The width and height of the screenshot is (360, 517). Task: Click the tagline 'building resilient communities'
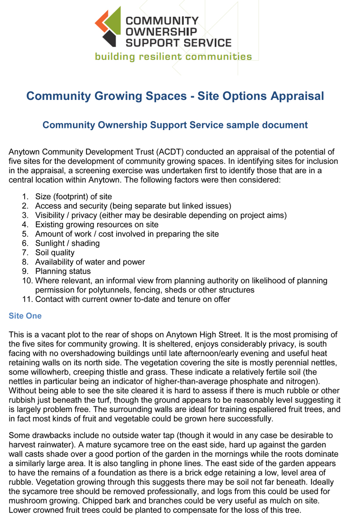[x=173, y=57]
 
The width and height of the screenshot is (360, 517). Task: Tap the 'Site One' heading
[x=25, y=316]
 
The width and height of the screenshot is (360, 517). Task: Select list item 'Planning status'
[x=63, y=271]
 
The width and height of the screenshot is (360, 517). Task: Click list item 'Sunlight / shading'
[x=67, y=243]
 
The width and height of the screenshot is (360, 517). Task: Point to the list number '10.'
[x=27, y=281]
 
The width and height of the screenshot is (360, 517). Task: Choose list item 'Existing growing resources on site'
[x=97, y=224]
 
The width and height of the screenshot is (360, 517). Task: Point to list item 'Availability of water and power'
[x=90, y=262]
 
